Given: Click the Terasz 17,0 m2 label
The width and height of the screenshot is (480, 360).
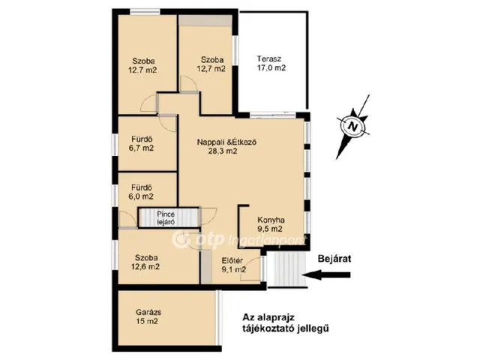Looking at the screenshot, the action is coord(271,63).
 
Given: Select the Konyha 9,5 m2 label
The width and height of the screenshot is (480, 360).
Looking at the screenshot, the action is coord(271,224).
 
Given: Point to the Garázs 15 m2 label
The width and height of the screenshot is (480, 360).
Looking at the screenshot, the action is coord(148,316).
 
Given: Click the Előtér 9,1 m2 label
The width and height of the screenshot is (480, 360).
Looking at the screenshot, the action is coord(233,265).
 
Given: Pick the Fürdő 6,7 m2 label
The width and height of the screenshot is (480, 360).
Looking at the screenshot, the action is coord(141,143).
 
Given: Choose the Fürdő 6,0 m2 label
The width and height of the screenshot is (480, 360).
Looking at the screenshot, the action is coord(141,192).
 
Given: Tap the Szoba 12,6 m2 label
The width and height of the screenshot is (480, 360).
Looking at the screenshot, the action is coord(145,262).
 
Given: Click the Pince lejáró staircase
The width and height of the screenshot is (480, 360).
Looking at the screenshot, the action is coord(169,217).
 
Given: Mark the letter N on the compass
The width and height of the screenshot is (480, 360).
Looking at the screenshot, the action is coord(353,126).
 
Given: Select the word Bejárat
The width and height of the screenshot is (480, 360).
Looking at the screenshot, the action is coord(334,259).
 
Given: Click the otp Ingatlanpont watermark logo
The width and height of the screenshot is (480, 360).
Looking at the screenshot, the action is coord(238,240).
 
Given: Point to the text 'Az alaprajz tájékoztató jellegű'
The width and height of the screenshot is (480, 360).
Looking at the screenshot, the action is coord(286,323).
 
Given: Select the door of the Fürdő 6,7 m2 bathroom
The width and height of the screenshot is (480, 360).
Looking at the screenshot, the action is coord(168,124).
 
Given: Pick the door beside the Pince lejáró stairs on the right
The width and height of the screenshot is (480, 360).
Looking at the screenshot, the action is coord(208,217).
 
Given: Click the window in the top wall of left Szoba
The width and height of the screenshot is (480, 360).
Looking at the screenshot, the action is coord(145,12).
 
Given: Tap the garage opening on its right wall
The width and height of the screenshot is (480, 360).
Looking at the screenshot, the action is coord(218,318).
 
